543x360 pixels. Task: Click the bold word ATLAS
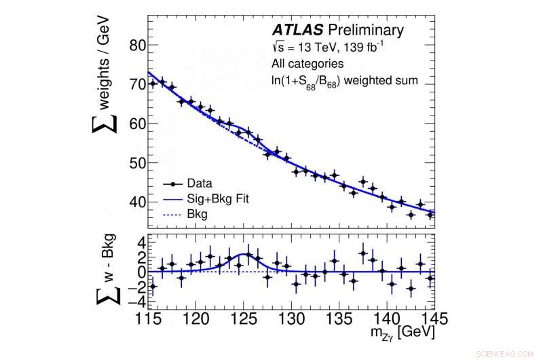(297, 30)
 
